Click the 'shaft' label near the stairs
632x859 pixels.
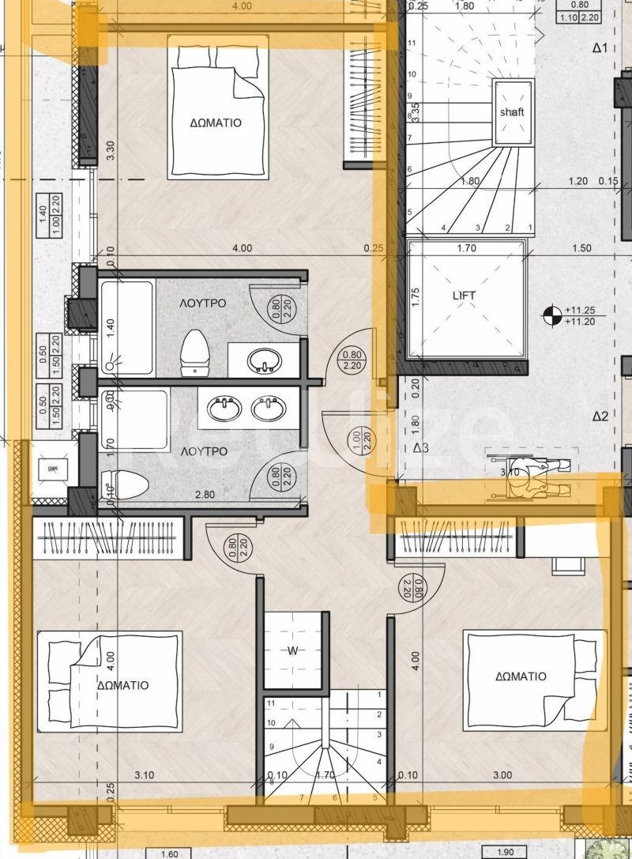(x=511, y=112)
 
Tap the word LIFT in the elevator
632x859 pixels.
(x=465, y=296)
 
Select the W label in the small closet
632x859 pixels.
(x=293, y=651)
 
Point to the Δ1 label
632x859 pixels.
(x=600, y=48)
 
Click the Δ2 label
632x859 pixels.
(x=600, y=416)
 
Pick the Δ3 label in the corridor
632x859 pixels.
(x=421, y=449)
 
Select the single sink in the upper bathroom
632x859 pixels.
(x=263, y=361)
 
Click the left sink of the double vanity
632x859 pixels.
(x=224, y=409)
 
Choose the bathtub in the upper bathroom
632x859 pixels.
(x=126, y=327)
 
